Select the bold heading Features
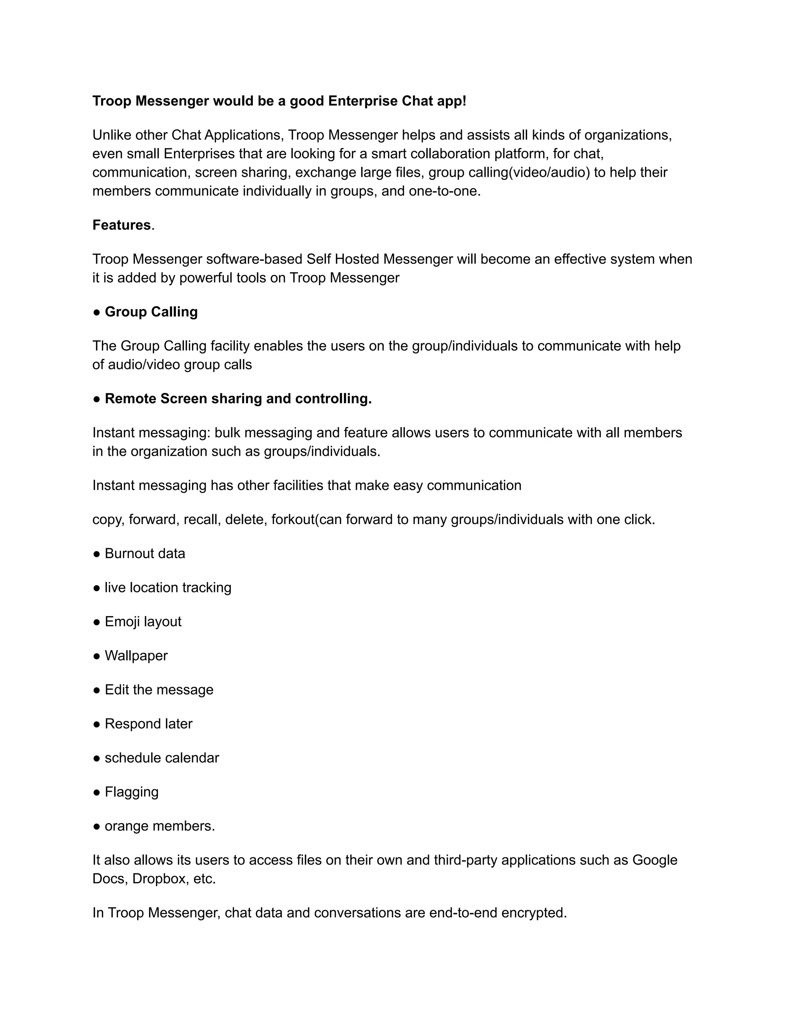pyautogui.click(x=122, y=225)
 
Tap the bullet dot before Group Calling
pyautogui.click(x=97, y=312)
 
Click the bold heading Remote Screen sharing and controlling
pyautogui.click(x=238, y=399)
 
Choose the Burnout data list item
pyautogui.click(x=145, y=554)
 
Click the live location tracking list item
pyautogui.click(x=168, y=587)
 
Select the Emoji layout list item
pyautogui.click(x=143, y=621)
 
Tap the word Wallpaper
pyautogui.click(x=136, y=656)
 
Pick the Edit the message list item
pyautogui.click(x=159, y=689)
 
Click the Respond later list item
pyautogui.click(x=148, y=724)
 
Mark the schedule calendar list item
pyautogui.click(x=161, y=758)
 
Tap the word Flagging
pyautogui.click(x=131, y=792)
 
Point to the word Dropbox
pyautogui.click(x=159, y=879)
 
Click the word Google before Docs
pyautogui.click(x=654, y=860)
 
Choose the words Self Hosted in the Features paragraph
pyautogui.click(x=343, y=259)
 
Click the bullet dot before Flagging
pyautogui.click(x=97, y=792)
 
